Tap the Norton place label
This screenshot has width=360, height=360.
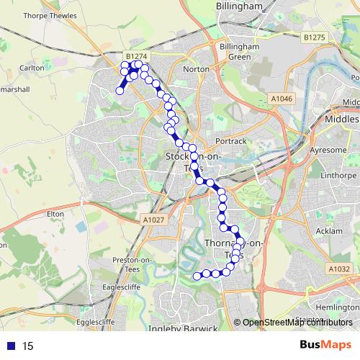pos(196,69)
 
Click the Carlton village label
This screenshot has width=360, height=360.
pos(32,67)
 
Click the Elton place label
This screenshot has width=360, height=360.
pos(55,214)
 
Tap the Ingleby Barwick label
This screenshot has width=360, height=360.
pos(182,329)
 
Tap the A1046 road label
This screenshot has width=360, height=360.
pos(283,97)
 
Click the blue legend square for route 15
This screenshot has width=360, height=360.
pos(10,346)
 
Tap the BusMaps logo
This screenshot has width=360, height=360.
pos(325,346)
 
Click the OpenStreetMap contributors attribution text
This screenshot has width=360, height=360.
pos(299,323)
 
